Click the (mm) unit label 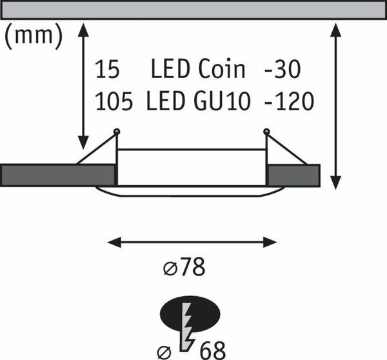click(x=34, y=36)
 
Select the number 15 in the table click(x=107, y=69)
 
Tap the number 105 click(x=114, y=101)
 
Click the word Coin click(x=222, y=68)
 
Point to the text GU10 click(x=222, y=101)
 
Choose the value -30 click(x=283, y=69)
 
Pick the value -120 click(x=289, y=101)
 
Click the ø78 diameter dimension click(x=184, y=267)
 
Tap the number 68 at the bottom click(x=212, y=350)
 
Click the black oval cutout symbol click(x=190, y=314)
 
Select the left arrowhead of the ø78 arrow click(x=114, y=242)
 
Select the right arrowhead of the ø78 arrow click(x=270, y=242)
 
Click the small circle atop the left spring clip click(x=117, y=132)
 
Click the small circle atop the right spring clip click(x=266, y=132)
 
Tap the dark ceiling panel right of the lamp click(x=294, y=175)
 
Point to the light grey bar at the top click(x=193, y=10)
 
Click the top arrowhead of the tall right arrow click(x=335, y=30)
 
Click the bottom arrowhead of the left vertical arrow click(x=83, y=143)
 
